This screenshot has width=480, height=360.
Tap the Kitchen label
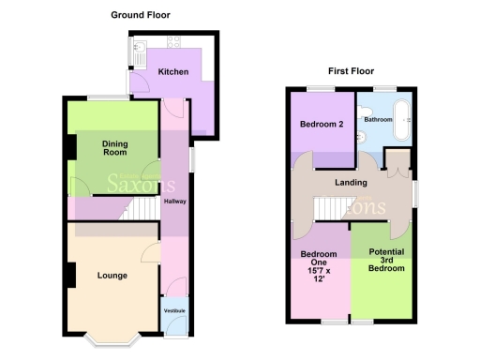pos(173,72)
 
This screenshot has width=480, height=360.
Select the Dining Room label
pos(114,146)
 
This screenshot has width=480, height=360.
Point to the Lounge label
pos(112,276)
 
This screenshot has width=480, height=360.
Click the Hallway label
pos(174,202)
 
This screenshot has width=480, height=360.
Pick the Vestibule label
pos(173,310)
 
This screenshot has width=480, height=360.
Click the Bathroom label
pos(378,120)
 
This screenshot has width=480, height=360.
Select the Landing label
pos(352,184)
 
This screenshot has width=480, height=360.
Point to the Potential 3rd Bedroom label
pos(386,261)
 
